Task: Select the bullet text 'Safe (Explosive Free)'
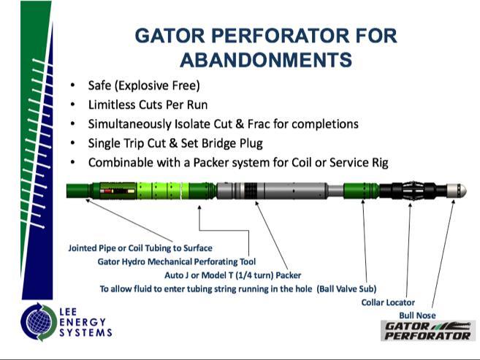pos(143,85)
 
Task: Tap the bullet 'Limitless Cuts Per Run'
pos(148,104)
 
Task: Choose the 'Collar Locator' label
pos(388,302)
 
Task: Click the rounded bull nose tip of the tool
pos(460,190)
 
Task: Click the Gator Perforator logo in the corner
pos(427,330)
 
